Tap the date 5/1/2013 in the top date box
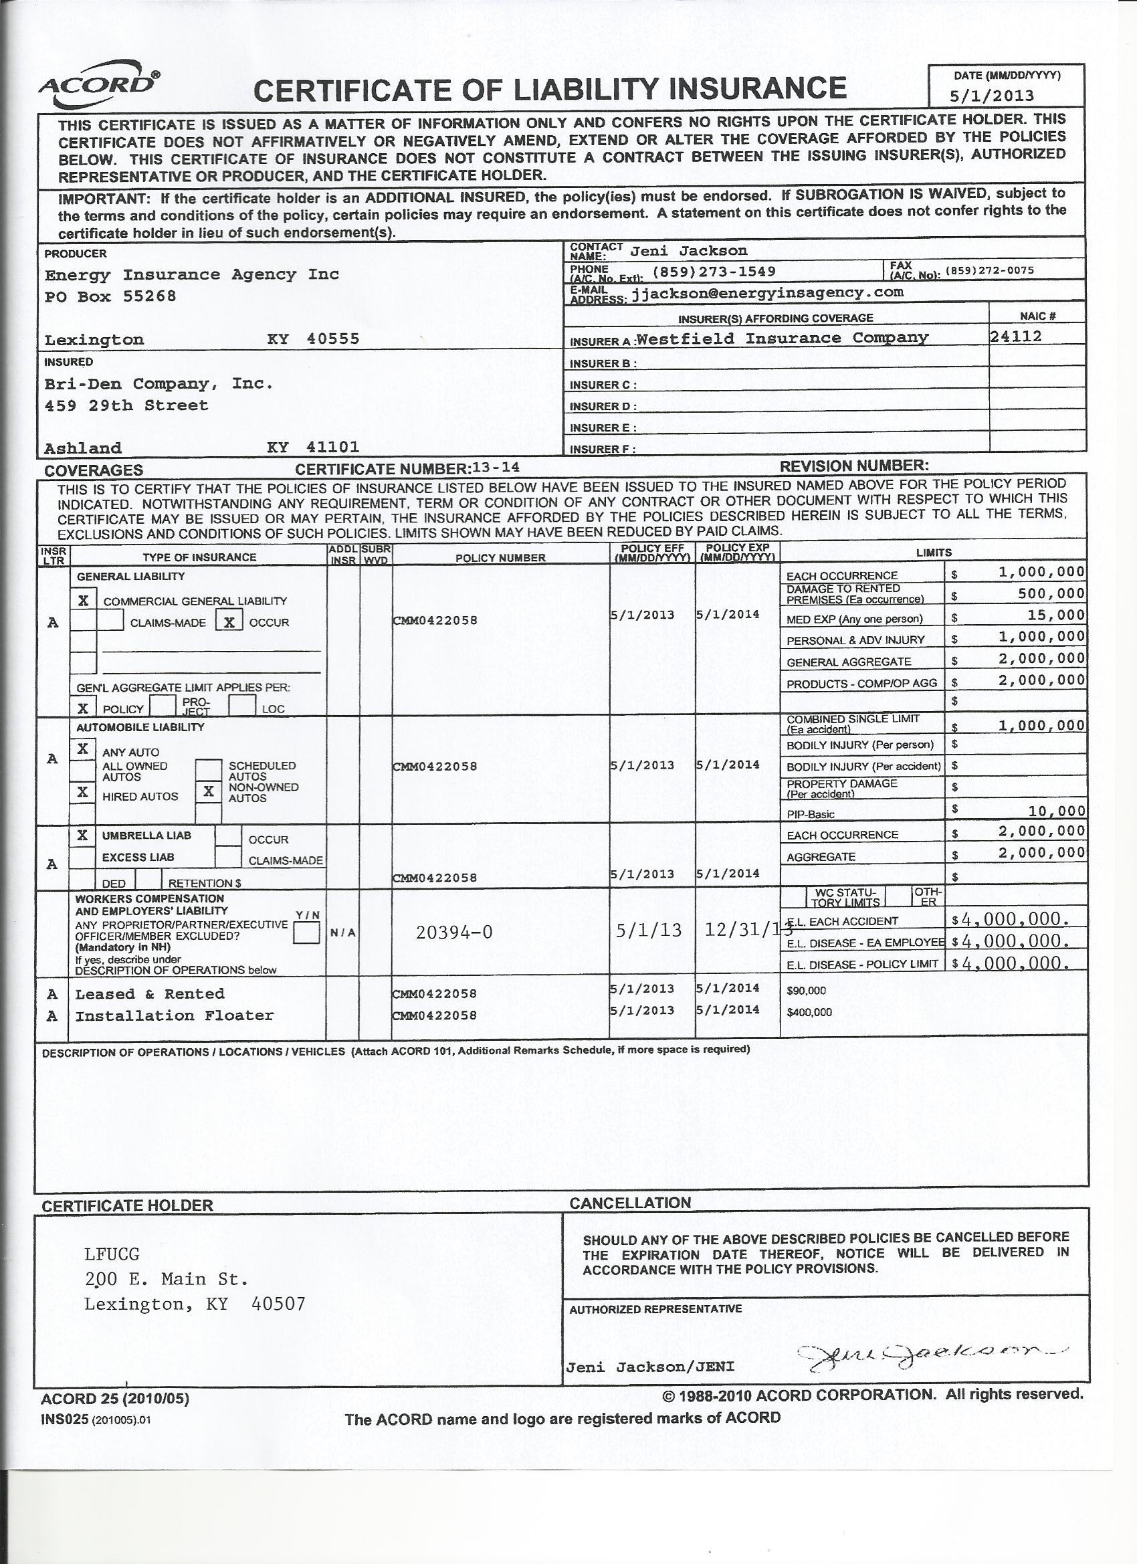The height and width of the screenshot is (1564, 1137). pos(1001,96)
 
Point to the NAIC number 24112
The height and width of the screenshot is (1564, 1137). pos(1016,336)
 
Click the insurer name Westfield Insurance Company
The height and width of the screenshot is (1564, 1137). pos(783,338)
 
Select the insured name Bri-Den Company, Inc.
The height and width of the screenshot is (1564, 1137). pos(159,383)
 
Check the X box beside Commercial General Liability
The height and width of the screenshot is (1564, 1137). pos(84,600)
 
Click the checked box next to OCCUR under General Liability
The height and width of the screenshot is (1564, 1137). pos(229,622)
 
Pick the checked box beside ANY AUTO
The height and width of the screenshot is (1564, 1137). pos(83,749)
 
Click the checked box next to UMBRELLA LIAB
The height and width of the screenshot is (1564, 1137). pos(83,835)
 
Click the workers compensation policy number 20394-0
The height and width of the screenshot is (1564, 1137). pos(454,933)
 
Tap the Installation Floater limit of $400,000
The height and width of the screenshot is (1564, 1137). pos(809,1012)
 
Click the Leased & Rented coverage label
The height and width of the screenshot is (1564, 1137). pos(150,993)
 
